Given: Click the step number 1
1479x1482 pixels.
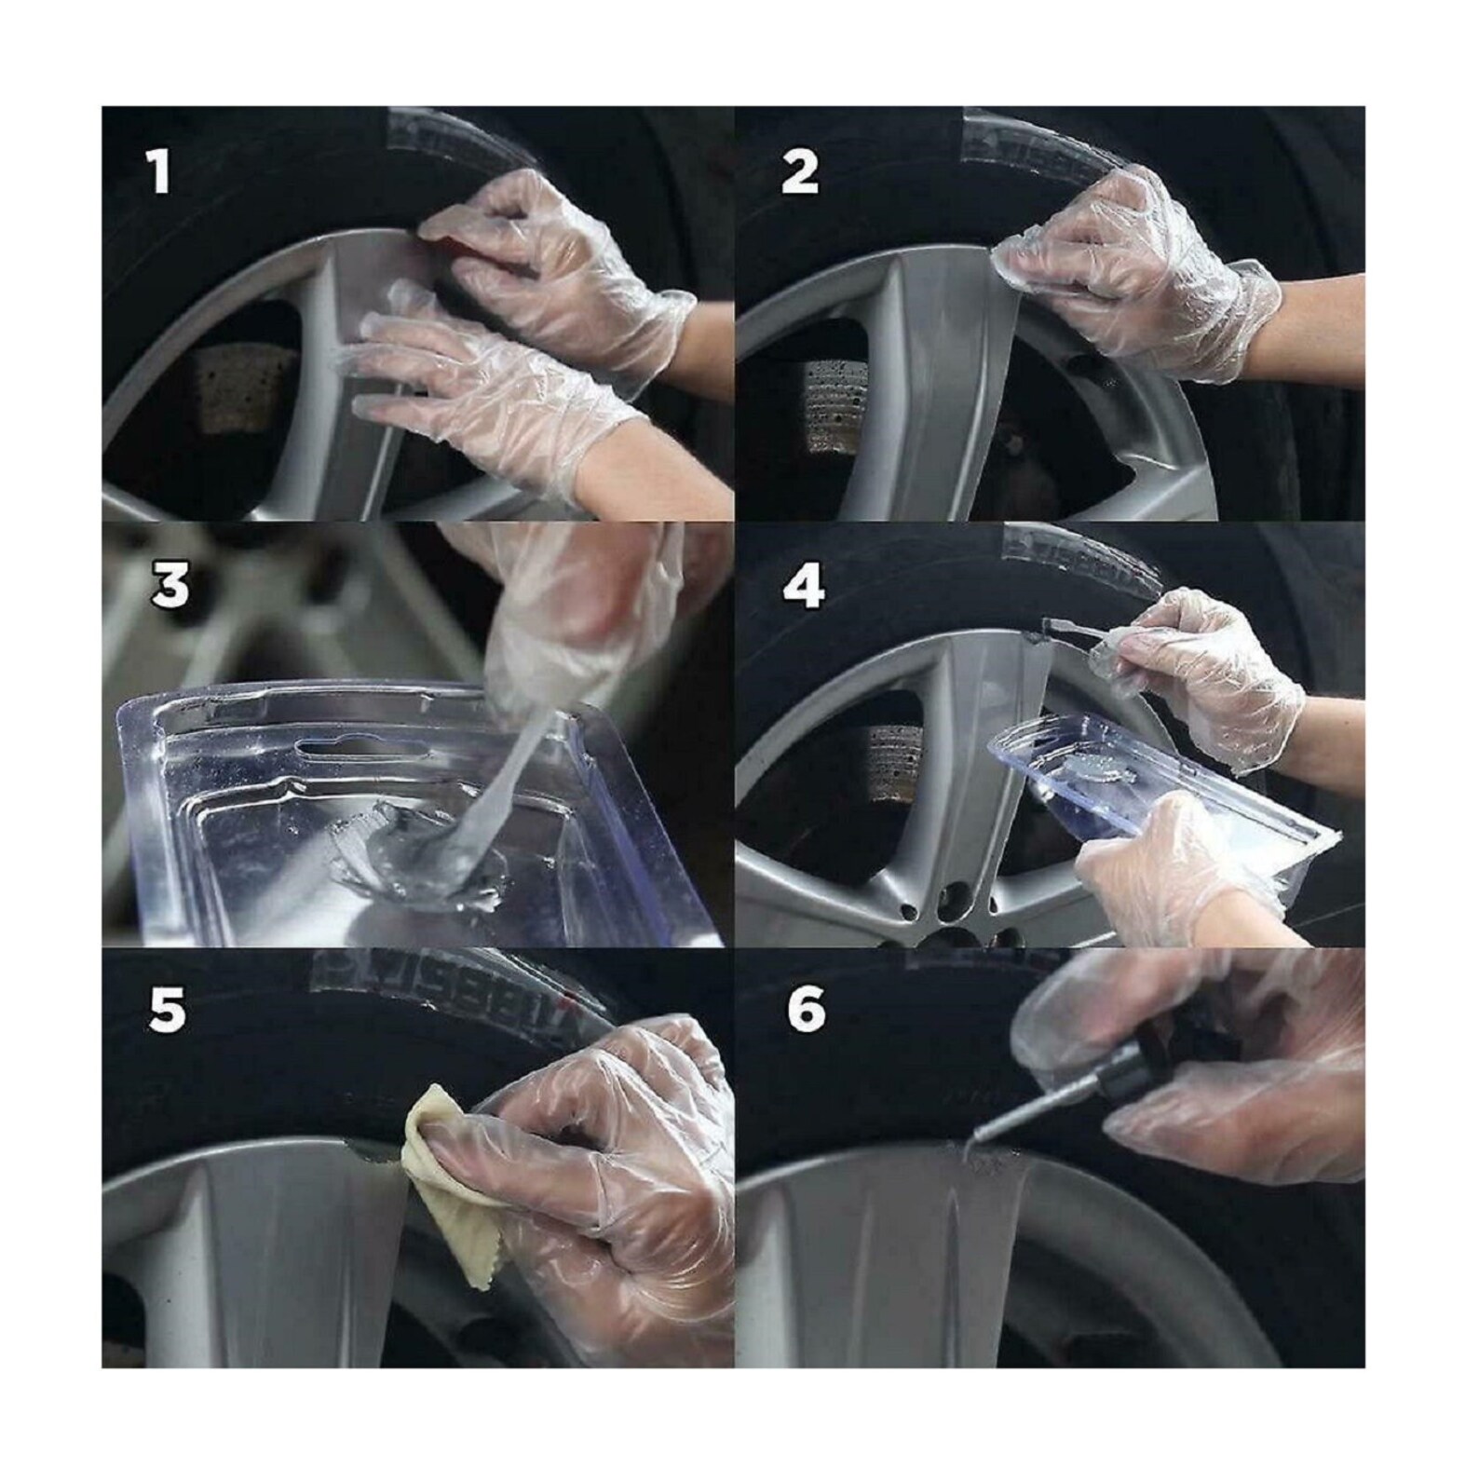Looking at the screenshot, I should point(160,172).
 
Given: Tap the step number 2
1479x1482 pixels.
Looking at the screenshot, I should point(800,172).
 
